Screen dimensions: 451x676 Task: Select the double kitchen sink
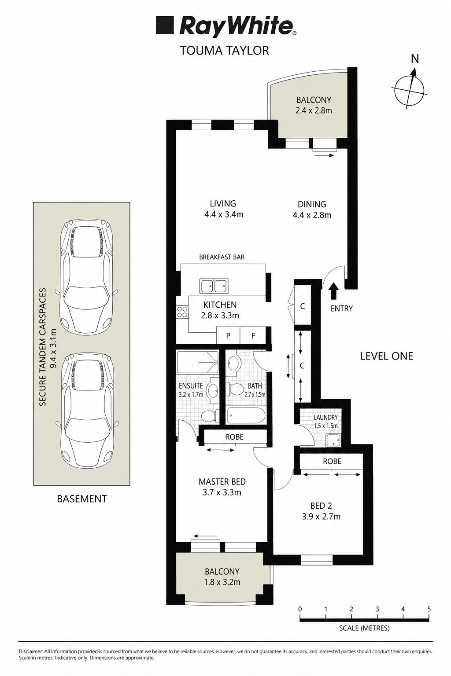point(214,286)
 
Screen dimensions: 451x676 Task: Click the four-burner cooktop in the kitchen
point(182,311)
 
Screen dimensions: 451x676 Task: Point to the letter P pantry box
point(229,335)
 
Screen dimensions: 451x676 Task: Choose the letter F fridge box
point(253,335)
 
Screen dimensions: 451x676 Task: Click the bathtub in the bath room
point(247,415)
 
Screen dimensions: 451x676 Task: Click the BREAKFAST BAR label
point(222,257)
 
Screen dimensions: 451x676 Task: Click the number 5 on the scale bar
point(429,609)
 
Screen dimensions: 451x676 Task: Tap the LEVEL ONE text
point(386,356)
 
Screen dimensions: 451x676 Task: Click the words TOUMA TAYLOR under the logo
point(225,51)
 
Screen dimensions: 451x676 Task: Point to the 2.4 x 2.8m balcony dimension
point(314,110)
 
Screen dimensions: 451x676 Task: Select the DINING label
point(312,204)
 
